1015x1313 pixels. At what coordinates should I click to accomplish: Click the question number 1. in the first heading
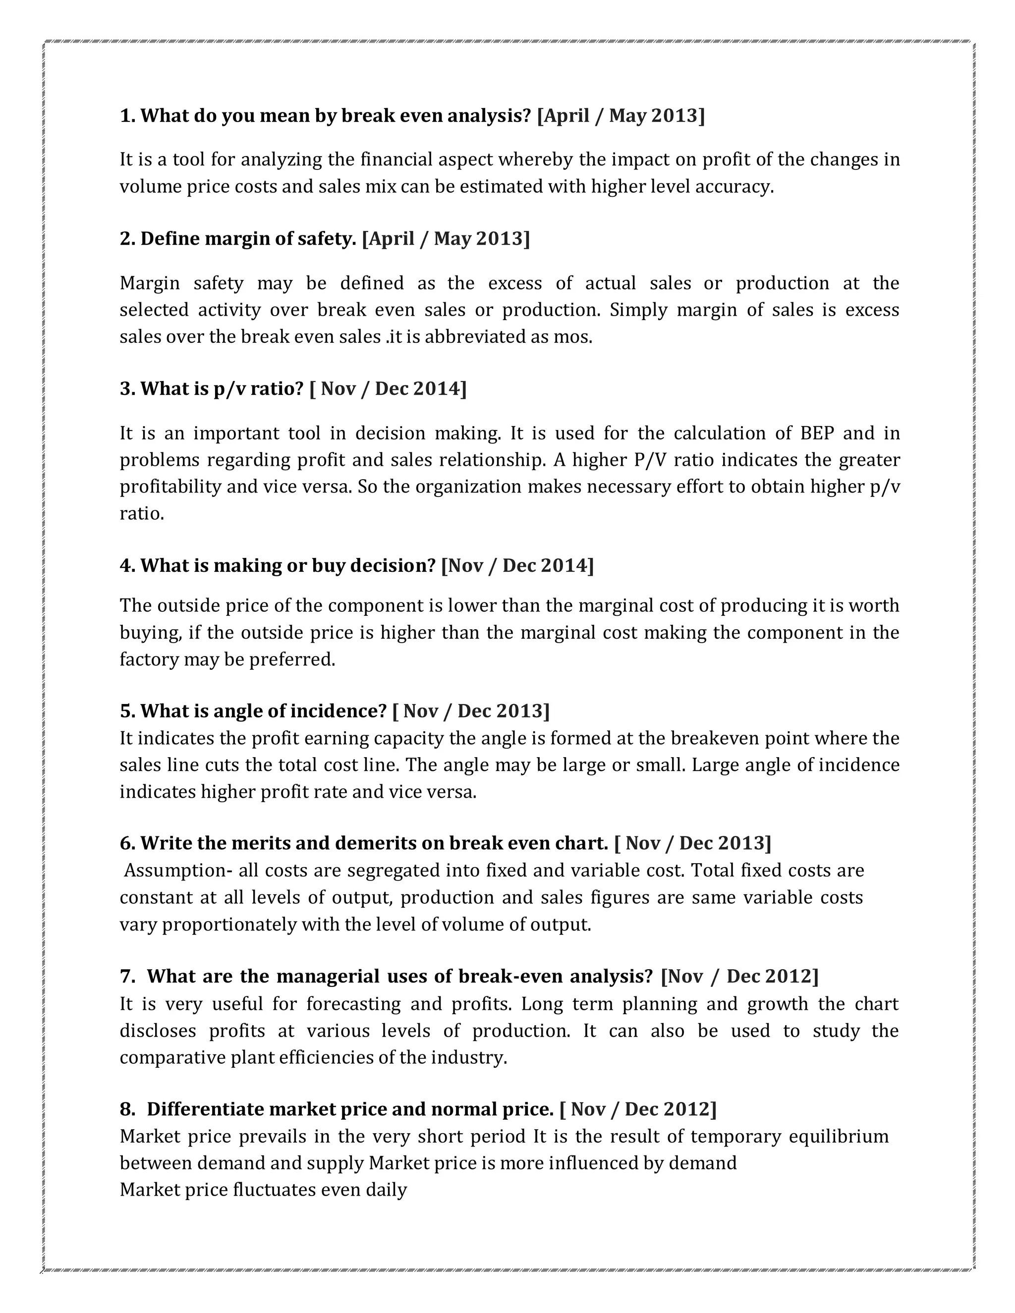pos(127,115)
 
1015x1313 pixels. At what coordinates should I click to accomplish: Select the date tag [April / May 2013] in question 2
pos(446,239)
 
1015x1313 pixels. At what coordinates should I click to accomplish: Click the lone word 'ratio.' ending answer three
pos(142,513)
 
